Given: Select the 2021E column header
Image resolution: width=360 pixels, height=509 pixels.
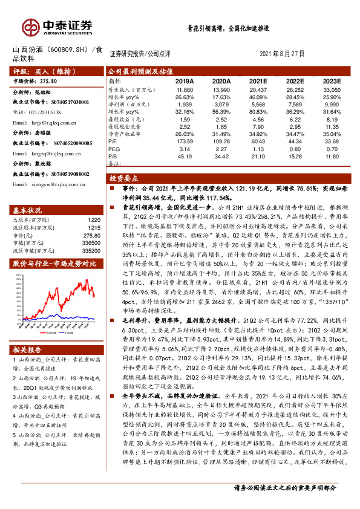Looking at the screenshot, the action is click(x=258, y=80).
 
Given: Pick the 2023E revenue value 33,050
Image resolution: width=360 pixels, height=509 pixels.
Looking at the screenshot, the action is click(x=332, y=89).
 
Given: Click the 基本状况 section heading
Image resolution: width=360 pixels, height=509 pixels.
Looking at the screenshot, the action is click(x=28, y=210).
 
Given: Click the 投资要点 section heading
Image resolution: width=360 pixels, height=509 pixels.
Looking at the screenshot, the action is click(x=124, y=179).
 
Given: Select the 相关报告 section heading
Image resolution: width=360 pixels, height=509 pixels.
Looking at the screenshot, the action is click(x=28, y=349).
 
